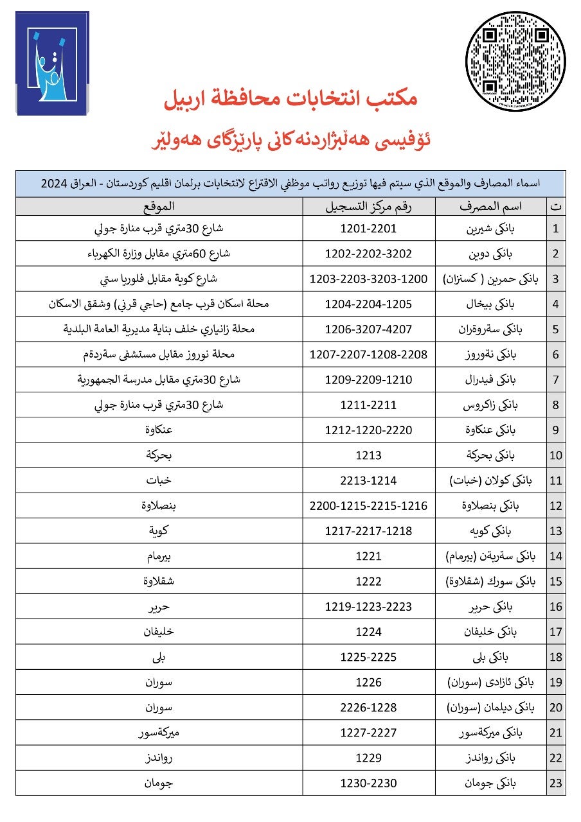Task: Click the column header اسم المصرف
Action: pyautogui.click(x=490, y=206)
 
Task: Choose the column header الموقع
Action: pyautogui.click(x=158, y=206)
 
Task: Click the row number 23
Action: pyautogui.click(x=556, y=783)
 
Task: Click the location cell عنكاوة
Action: pyautogui.click(x=158, y=430)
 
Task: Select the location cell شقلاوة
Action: pyautogui.click(x=158, y=581)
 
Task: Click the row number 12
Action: pyautogui.click(x=556, y=506)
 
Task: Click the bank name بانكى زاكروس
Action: pyautogui.click(x=492, y=405)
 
